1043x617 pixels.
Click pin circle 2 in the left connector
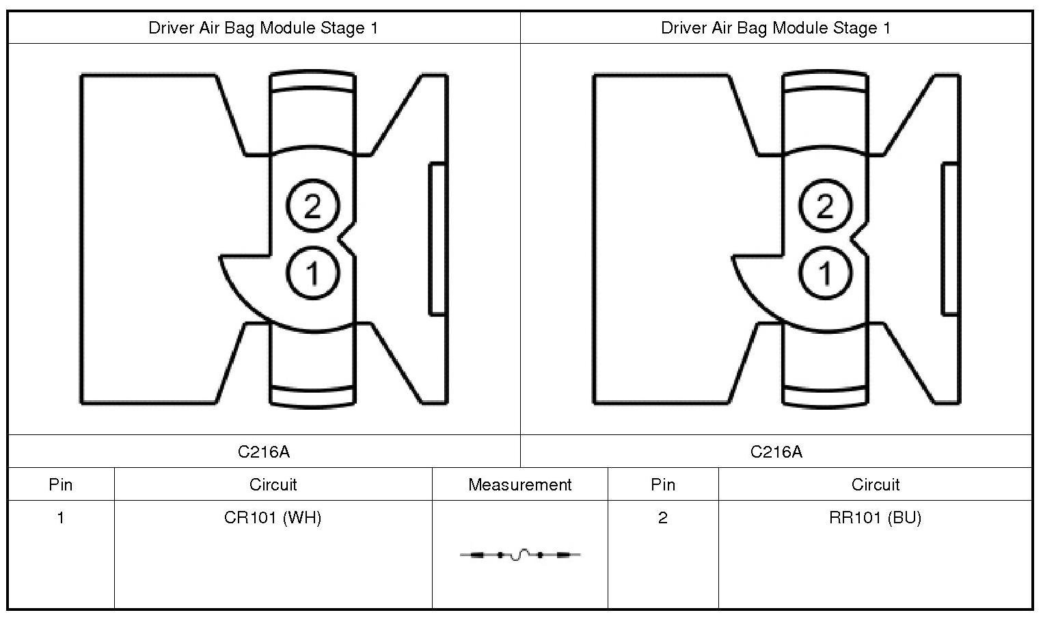click(x=312, y=205)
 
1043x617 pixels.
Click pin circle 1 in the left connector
click(x=312, y=273)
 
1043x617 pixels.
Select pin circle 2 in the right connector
click(x=825, y=205)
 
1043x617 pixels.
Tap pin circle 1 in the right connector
click(x=825, y=273)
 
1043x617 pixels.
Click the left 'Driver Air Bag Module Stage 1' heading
click(x=263, y=28)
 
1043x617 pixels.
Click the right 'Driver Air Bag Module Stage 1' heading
click(x=776, y=28)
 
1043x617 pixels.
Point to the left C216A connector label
click(x=264, y=451)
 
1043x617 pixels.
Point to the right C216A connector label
click(x=776, y=451)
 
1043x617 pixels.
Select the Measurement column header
click(x=519, y=485)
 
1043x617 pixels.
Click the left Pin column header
click(x=61, y=485)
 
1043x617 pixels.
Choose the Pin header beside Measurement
click(x=663, y=485)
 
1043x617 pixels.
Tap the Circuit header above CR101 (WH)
click(x=273, y=485)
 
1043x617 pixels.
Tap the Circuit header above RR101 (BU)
click(x=876, y=485)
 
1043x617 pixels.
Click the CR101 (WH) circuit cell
click(x=273, y=518)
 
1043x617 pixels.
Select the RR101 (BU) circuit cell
click(x=876, y=518)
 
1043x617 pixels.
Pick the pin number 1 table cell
click(x=61, y=518)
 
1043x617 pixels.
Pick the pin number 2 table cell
click(x=663, y=518)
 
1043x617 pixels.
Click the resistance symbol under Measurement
click(x=520, y=555)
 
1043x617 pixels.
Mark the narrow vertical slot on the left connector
click(x=437, y=239)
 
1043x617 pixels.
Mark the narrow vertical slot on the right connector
click(x=950, y=239)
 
